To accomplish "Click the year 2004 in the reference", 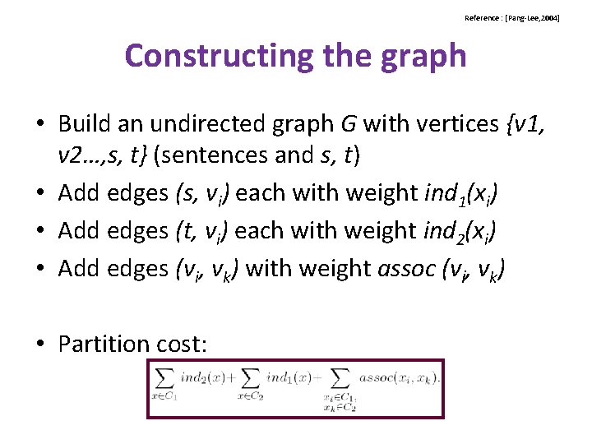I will pyautogui.click(x=547, y=17).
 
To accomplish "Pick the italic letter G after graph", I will pyautogui.click(x=349, y=123).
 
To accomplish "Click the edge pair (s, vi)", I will pyautogui.click(x=202, y=193).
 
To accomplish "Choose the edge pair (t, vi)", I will pyautogui.click(x=202, y=230).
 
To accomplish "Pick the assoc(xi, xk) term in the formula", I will pyautogui.click(x=398, y=377).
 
